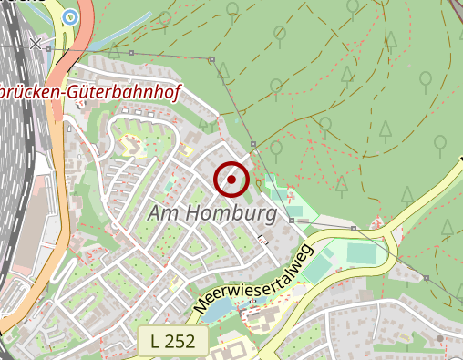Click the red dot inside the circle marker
(231, 179)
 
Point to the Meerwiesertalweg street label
(253, 280)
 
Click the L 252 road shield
(173, 342)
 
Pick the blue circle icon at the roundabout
(70, 15)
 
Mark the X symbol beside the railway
(36, 43)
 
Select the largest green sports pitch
(361, 252)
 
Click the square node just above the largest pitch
(353, 228)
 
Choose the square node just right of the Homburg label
(291, 220)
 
